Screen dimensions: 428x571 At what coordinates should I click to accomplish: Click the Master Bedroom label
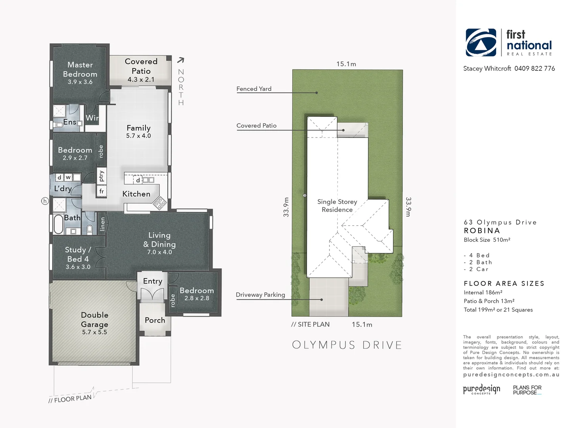[x=80, y=69]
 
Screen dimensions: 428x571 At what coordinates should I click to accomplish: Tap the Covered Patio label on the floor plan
[x=141, y=66]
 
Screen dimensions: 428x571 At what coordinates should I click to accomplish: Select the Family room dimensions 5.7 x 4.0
[x=138, y=136]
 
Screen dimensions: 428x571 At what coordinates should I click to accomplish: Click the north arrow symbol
[x=180, y=60]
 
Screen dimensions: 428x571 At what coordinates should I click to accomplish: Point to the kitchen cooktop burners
[x=160, y=203]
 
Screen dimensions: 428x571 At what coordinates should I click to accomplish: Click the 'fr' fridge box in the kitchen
[x=102, y=191]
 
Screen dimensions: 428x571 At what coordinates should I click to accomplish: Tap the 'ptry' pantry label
[x=102, y=176]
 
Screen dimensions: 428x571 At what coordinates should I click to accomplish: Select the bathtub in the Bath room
[x=58, y=224]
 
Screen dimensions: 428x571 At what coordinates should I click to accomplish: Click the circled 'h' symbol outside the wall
[x=45, y=201]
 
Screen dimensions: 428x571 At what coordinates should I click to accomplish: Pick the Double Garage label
[x=94, y=319]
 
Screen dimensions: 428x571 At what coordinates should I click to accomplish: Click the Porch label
[x=155, y=320]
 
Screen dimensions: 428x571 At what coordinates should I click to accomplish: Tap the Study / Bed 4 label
[x=78, y=254]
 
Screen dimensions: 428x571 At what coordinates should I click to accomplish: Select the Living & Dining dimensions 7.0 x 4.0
[x=159, y=252]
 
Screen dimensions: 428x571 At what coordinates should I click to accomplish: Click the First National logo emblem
[x=481, y=42]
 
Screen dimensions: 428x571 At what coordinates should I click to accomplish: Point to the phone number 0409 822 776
[x=535, y=69]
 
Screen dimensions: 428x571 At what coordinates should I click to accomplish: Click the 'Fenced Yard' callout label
[x=254, y=89]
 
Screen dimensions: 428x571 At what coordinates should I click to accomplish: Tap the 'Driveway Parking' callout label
[x=260, y=295]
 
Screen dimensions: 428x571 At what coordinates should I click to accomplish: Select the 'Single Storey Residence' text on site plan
[x=337, y=206]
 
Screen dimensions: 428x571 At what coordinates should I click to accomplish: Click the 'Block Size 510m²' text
[x=487, y=240]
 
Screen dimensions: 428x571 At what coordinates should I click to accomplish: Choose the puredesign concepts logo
[x=481, y=389]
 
